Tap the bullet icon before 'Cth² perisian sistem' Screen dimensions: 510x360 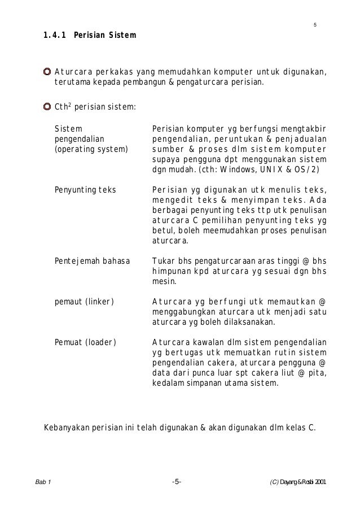48,106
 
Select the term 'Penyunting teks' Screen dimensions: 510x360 85,190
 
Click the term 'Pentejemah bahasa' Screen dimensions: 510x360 92,261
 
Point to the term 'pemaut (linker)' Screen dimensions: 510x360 84,302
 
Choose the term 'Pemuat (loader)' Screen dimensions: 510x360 85,342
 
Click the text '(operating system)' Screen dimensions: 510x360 91,149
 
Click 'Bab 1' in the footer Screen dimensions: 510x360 42,482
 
